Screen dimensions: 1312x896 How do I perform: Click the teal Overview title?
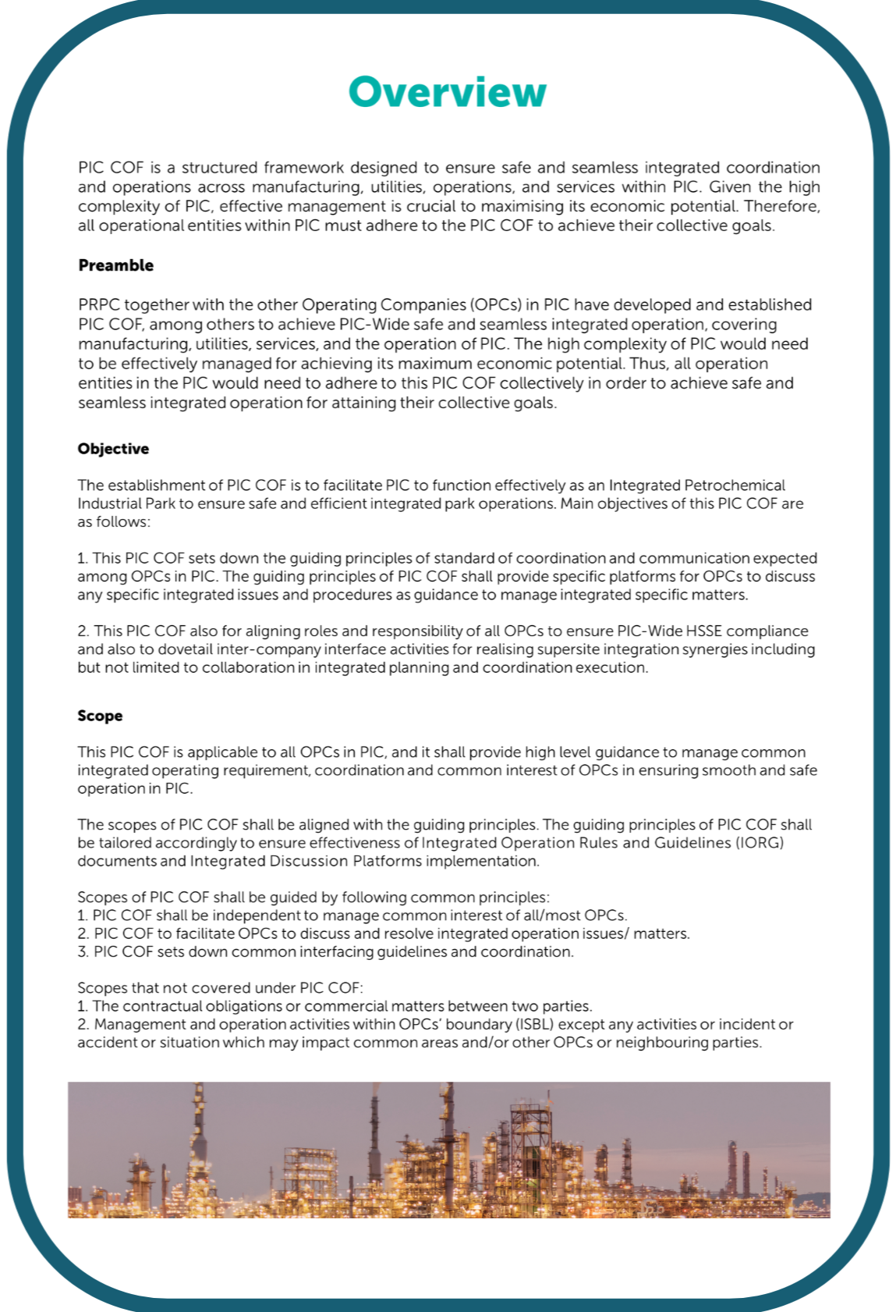447,92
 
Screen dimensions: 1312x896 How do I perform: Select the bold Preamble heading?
115,265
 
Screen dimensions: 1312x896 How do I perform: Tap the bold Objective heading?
113,449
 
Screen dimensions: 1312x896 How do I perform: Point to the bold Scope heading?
100,716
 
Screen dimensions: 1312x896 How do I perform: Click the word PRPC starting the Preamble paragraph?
99,305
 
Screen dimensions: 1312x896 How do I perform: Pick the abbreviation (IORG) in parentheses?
760,843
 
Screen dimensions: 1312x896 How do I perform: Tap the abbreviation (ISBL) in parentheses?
534,1024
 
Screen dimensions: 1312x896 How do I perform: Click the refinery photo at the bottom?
448,1150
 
